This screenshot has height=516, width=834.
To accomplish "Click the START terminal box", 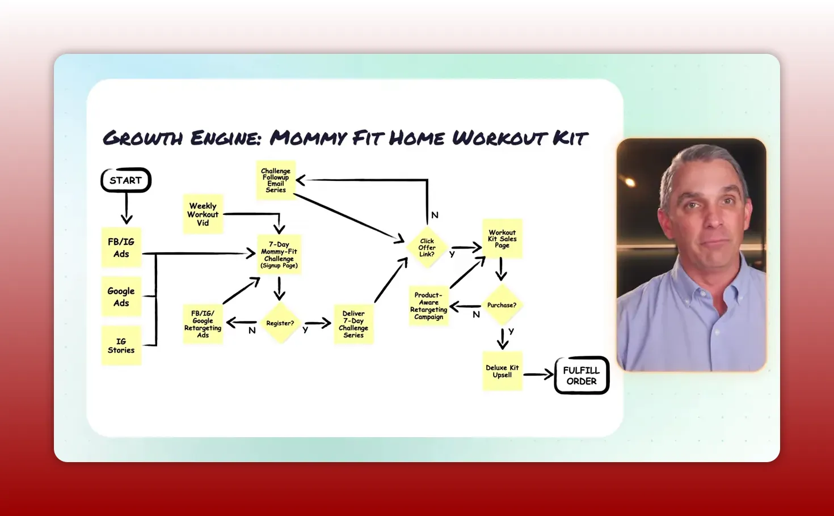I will (126, 180).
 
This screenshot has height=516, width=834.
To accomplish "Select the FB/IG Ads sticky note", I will (121, 248).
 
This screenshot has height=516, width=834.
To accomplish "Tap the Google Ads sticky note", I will (121, 297).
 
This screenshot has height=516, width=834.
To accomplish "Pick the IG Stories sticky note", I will (121, 346).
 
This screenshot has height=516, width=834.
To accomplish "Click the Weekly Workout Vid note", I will (203, 214).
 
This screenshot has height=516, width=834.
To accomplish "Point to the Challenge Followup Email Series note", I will (276, 180).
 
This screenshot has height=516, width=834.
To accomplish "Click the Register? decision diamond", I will (280, 323).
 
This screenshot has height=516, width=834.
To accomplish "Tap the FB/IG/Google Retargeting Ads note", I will (203, 324).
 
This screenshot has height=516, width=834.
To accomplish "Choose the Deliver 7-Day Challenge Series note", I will (353, 324).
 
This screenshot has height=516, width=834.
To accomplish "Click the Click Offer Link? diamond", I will (427, 248).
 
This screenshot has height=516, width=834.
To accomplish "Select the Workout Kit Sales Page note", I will (502, 239).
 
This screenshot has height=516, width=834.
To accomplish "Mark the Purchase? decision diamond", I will (502, 305).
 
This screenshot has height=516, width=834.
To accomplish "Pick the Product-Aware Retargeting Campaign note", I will (429, 306).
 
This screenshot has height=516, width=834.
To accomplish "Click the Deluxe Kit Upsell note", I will (502, 371).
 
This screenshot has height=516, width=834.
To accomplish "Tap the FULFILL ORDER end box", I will (582, 375).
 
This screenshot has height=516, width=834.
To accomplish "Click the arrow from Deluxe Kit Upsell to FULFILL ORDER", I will (538, 374).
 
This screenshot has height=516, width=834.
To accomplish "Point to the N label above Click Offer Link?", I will (435, 215).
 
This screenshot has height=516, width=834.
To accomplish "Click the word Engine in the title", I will (225, 138).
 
